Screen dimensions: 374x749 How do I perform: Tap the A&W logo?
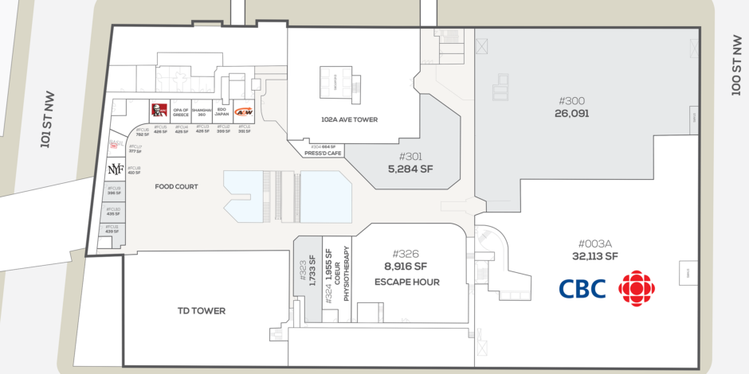(x=244, y=111)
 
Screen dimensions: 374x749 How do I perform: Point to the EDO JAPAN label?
(x=223, y=112)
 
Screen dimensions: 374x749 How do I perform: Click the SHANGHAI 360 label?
(x=202, y=112)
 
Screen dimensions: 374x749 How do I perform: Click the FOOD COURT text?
(x=176, y=187)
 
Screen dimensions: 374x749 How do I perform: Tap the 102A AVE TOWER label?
(x=349, y=119)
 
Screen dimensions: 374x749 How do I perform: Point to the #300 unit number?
(x=571, y=101)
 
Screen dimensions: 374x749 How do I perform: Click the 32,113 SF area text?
(x=595, y=256)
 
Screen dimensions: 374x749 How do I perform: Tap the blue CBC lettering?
(x=582, y=288)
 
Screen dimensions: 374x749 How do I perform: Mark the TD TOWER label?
(x=200, y=310)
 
